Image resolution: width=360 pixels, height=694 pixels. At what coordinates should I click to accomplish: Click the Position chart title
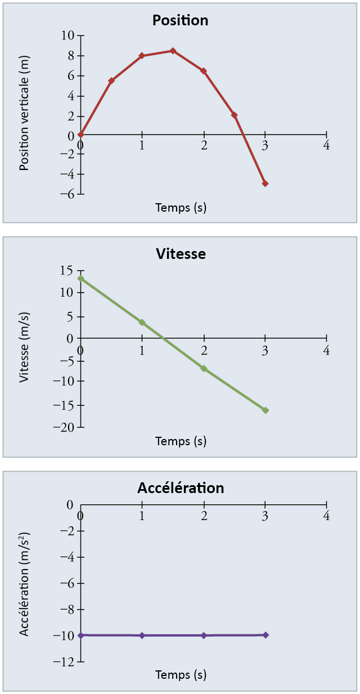[x=180, y=21]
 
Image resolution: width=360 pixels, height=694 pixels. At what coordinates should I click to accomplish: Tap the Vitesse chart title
[x=181, y=254]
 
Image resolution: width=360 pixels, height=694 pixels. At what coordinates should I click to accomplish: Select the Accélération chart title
[x=181, y=488]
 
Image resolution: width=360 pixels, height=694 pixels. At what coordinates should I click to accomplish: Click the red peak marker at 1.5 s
[x=173, y=51]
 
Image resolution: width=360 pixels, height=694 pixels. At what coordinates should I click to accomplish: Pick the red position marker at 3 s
[x=265, y=183]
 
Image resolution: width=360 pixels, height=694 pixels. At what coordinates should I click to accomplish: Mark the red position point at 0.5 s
[x=111, y=81]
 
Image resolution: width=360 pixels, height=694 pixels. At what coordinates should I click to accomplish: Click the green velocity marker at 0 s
[x=81, y=278]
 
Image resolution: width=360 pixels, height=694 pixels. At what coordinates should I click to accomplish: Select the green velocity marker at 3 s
[x=265, y=410]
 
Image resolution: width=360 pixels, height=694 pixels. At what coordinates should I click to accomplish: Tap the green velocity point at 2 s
[x=204, y=369]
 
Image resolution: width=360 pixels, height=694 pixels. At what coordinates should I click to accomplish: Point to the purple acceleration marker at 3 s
[x=265, y=635]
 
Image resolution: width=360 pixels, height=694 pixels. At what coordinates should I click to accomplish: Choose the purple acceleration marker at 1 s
[x=142, y=635]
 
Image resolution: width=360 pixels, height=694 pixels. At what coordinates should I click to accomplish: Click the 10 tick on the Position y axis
[x=67, y=35]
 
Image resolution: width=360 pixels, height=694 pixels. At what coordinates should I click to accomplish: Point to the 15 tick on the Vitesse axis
[x=66, y=271]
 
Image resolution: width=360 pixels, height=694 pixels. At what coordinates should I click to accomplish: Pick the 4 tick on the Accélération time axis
[x=326, y=516]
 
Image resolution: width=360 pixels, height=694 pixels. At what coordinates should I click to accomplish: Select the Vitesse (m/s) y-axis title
[x=24, y=347]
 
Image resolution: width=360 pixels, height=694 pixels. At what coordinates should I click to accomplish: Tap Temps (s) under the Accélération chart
[x=181, y=674]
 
